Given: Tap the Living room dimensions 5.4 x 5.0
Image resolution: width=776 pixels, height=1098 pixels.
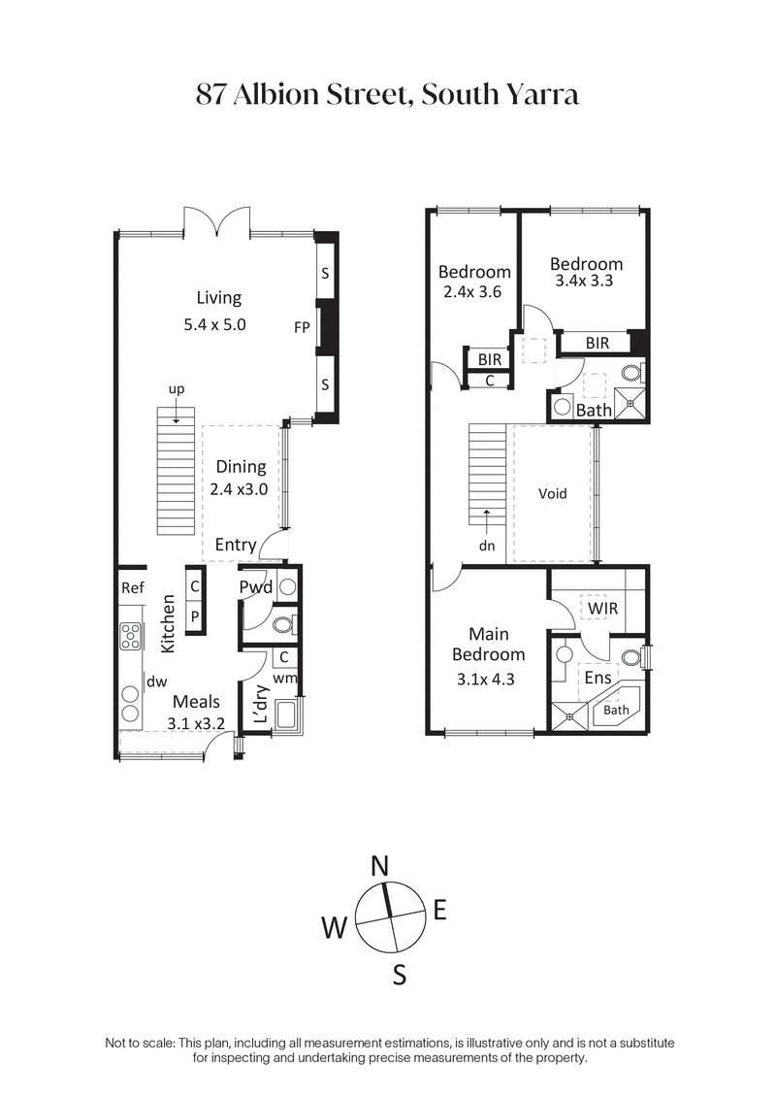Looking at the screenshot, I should coord(215,325).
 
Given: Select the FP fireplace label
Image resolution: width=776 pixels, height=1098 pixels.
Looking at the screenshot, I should coord(302,327).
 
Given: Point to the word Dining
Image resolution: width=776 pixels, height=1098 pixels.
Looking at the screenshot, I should coord(241,467).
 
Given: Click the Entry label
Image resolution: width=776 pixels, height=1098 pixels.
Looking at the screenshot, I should coord(236,545).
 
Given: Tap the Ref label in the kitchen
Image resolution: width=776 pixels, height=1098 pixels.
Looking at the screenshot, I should coord(133,588).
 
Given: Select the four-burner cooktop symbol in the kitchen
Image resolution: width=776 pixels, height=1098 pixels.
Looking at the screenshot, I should coord(130,636).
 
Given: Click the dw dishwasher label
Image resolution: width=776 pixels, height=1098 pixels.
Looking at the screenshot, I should coord(155,682).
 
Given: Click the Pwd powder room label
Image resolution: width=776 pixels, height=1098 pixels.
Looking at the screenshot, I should coord(256,587).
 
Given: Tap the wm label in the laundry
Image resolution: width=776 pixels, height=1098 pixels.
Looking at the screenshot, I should coord(285,678).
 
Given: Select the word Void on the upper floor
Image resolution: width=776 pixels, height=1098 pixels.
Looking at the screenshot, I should coord(552,493).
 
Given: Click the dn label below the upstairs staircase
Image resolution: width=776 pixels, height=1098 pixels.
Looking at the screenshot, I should coord(487,546).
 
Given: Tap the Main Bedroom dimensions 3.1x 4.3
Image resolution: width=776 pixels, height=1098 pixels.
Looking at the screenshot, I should coord(490,680).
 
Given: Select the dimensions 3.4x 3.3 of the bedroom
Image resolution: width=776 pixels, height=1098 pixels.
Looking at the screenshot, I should coord(586,282).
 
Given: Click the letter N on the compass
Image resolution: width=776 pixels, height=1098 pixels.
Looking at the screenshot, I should coord(380,866).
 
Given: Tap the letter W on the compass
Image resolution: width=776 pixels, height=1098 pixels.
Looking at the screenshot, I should coord(335,929).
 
